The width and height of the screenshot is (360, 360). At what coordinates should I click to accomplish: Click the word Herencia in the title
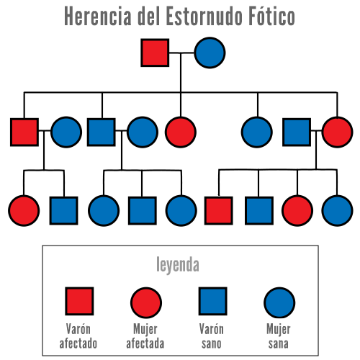click(x=98, y=16)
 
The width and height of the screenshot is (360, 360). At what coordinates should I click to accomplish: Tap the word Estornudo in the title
click(x=204, y=16)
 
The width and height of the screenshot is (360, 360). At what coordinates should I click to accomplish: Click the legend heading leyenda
click(x=178, y=265)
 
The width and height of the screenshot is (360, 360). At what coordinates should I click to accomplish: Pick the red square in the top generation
click(x=155, y=53)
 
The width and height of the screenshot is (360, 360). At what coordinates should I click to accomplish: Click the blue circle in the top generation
click(x=210, y=53)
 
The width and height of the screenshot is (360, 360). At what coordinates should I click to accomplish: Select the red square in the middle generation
click(x=24, y=132)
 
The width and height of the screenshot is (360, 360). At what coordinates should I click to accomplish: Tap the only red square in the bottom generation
click(x=219, y=210)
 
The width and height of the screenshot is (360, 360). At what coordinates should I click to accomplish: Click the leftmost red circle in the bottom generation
click(x=24, y=210)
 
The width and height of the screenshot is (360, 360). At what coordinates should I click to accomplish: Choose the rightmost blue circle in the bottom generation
click(x=337, y=210)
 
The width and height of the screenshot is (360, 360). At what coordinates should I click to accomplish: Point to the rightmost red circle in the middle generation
click(x=337, y=132)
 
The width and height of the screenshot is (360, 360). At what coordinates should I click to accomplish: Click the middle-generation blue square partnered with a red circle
click(x=297, y=132)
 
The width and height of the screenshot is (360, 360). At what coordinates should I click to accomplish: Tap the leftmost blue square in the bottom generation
click(x=63, y=210)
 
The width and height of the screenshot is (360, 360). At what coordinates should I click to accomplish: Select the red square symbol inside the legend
click(x=79, y=301)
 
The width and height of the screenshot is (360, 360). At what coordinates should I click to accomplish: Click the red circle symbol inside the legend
click(x=146, y=302)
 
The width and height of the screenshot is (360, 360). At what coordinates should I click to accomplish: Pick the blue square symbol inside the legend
click(x=213, y=301)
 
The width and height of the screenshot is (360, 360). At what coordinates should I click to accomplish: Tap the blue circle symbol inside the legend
click(x=279, y=302)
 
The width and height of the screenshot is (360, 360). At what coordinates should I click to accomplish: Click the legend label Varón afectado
click(x=78, y=336)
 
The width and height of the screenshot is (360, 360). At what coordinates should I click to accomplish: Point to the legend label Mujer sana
click(x=279, y=336)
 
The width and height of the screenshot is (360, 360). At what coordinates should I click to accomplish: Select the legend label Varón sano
click(x=212, y=336)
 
